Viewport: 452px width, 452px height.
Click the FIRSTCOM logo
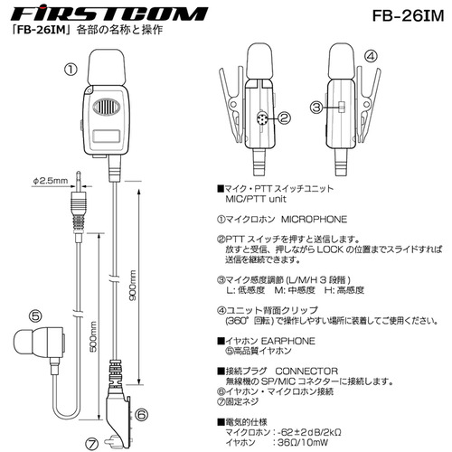coord(109,14)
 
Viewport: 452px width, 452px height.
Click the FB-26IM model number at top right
coord(408,16)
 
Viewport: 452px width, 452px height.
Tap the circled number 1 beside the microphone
coord(71,70)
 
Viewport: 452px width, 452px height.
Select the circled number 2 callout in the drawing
coord(284,118)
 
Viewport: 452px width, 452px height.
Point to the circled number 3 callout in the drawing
coord(317,107)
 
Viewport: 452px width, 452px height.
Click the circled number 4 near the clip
coord(371,56)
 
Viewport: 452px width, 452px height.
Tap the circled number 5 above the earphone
coord(35,316)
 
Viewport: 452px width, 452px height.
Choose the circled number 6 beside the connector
coord(141,415)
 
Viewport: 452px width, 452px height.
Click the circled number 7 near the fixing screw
coord(92,444)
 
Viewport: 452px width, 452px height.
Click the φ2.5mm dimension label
coord(51,181)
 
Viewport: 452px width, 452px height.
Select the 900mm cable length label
coord(132,286)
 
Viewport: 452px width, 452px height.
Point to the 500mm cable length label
coord(93,336)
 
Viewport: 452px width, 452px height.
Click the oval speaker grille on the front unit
coord(107,107)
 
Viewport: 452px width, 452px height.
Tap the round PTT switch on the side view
coord(261,118)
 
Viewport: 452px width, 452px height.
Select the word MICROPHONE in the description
coord(314,219)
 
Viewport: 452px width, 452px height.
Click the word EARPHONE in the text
coord(287,341)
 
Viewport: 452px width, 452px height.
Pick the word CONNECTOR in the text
coord(306,372)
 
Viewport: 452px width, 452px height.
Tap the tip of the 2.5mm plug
coord(79,173)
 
